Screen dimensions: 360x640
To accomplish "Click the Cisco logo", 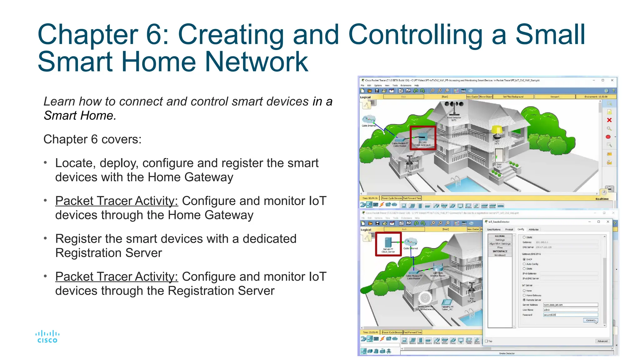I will (47, 337).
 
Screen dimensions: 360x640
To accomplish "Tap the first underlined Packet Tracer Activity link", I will (117, 201).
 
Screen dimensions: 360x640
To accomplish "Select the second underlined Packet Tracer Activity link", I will (117, 277).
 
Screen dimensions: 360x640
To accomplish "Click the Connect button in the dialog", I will (590, 320).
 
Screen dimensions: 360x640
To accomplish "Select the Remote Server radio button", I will (524, 300).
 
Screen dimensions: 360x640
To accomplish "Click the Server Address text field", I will (570, 305).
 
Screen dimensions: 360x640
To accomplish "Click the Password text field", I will (570, 315).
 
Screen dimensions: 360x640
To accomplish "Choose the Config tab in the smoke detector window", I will (521, 229).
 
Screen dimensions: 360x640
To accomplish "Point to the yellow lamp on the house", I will (497, 130).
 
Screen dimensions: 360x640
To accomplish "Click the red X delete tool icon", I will (609, 120).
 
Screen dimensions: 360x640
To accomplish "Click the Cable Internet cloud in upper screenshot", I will (369, 119).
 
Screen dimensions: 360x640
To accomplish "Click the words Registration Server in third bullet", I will (108, 253).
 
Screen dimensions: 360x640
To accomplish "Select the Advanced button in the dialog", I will (602, 341).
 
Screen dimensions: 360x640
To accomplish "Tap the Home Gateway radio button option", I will (524, 295).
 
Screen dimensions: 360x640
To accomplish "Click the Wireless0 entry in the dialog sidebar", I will (500, 255).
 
